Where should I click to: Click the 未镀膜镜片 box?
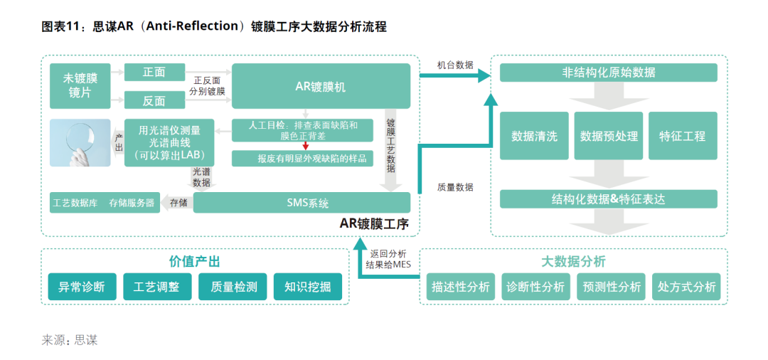click(80, 85)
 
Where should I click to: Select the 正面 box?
click(154, 72)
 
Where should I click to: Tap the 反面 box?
click(154, 100)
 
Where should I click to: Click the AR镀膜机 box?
click(321, 85)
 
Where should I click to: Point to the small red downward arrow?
click(305, 145)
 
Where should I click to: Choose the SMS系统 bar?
click(302, 202)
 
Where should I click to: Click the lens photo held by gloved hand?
click(80, 142)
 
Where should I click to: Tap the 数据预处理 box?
click(609, 136)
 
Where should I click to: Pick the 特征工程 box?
click(683, 136)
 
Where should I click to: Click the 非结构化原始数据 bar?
click(608, 73)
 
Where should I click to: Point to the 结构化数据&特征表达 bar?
click(608, 199)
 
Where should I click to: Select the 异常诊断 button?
click(82, 287)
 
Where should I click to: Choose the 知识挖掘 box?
click(308, 287)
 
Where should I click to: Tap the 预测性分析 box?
click(612, 287)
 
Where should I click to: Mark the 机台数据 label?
click(456, 65)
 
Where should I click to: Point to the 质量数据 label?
click(456, 186)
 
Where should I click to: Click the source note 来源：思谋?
click(70, 340)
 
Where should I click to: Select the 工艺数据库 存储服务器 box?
click(105, 202)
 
